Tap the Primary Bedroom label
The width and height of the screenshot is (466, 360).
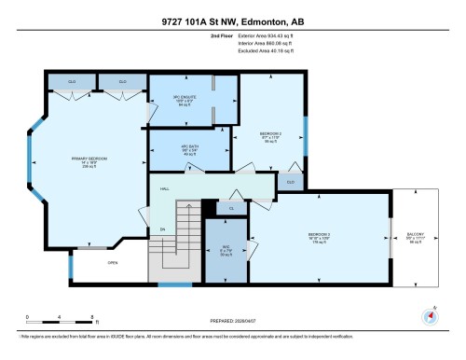coord(89,161)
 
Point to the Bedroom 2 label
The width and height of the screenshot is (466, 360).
coord(271,138)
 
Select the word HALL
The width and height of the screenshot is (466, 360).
coord(164,188)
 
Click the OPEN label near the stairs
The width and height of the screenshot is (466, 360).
coord(112,263)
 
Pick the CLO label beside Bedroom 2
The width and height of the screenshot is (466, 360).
coord(290,181)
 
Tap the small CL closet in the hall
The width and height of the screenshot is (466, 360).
coord(231,208)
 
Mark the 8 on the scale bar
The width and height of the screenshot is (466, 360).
coord(91,317)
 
